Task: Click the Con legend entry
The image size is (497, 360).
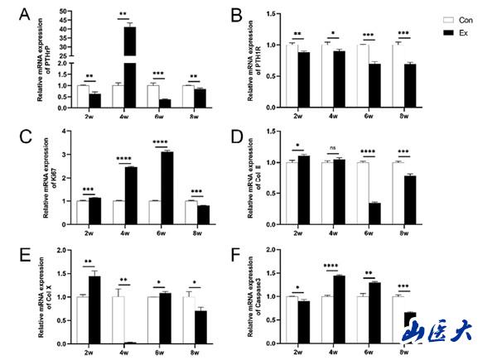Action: click(x=444, y=17)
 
